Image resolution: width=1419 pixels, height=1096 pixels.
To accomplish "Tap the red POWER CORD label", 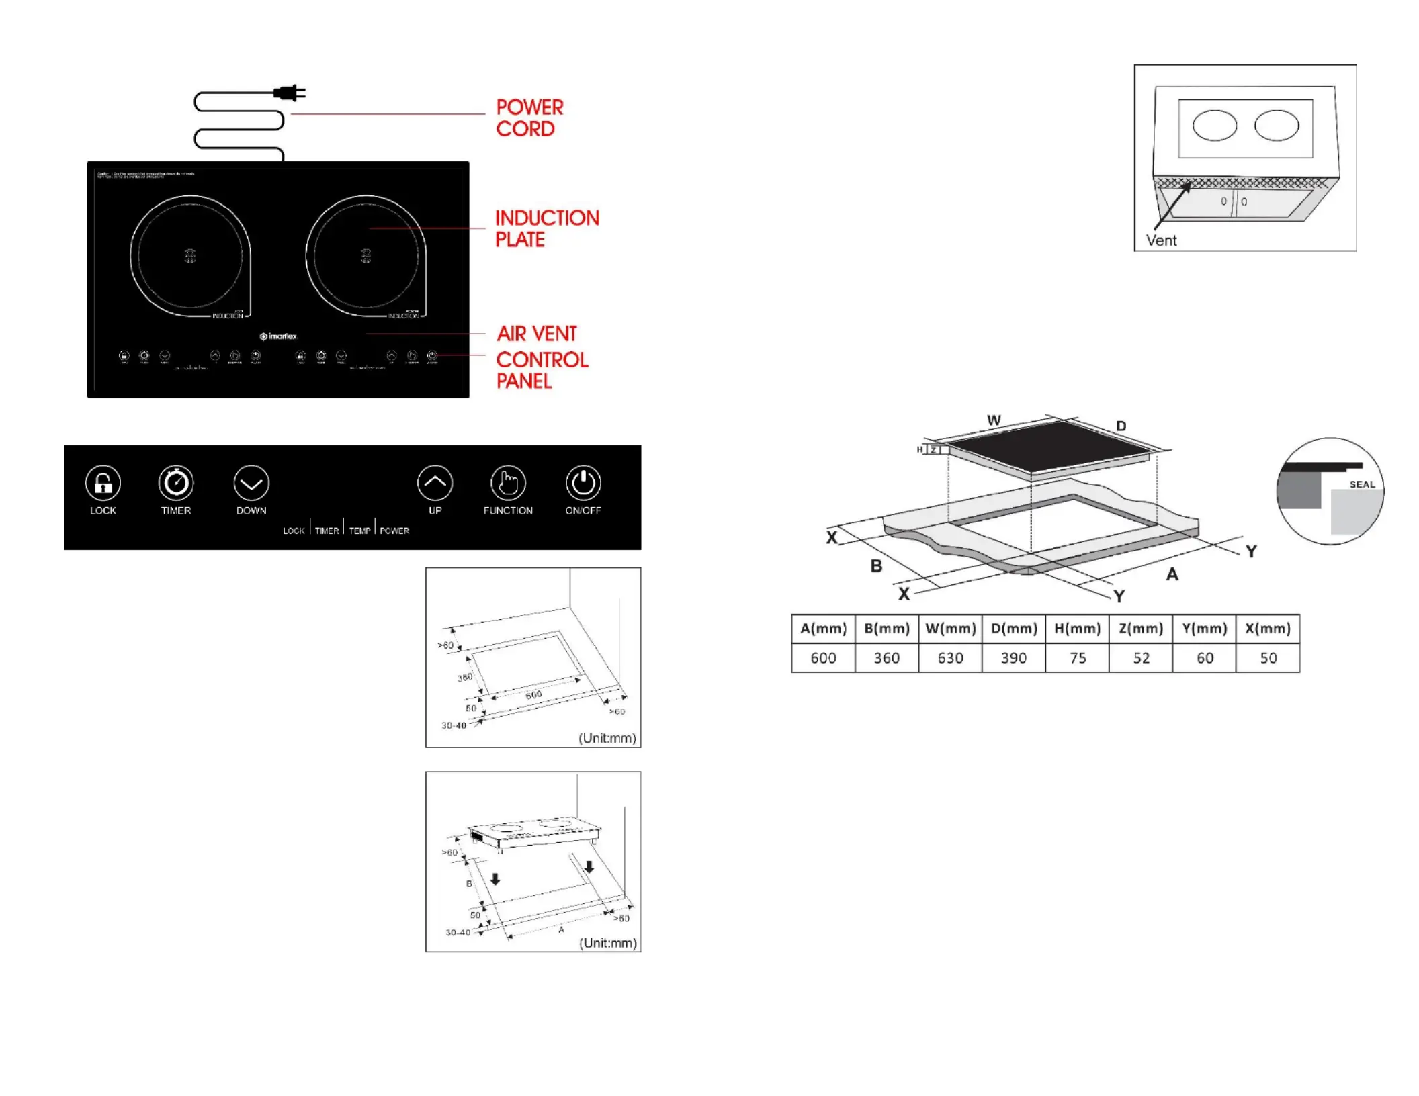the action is [529, 118].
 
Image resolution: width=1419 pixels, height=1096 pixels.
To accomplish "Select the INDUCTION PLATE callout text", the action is [546, 228].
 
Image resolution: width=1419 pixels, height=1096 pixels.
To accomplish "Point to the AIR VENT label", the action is [536, 334].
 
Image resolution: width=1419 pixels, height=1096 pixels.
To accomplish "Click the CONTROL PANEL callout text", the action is [542, 370].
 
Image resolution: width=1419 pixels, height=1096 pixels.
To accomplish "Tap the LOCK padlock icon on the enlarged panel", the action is [103, 483].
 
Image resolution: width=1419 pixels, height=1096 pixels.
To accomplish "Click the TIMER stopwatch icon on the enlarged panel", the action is [176, 483].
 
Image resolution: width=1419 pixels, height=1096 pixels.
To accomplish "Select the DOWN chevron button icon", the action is [251, 483].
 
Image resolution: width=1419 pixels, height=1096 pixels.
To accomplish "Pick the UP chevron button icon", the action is [435, 483].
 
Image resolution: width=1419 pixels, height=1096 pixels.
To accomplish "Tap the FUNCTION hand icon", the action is [508, 483].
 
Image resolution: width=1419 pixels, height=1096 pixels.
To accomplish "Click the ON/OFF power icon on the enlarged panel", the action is [583, 483].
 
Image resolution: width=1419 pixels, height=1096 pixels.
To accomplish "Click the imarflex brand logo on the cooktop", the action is [279, 336].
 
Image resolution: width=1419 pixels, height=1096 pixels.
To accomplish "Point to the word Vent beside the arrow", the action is [1161, 241].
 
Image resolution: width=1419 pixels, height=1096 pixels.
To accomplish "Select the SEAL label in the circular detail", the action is [1362, 484].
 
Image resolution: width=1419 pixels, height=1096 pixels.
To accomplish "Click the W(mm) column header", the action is [950, 629].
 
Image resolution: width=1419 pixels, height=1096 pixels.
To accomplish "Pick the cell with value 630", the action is [950, 658].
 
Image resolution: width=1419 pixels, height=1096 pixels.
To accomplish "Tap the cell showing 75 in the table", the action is [1077, 658].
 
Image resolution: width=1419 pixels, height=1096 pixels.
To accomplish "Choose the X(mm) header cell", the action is [1268, 629].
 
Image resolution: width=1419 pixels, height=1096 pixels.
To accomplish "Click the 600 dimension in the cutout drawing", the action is [533, 695].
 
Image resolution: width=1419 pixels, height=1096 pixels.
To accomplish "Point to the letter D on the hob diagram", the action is [1121, 426].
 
